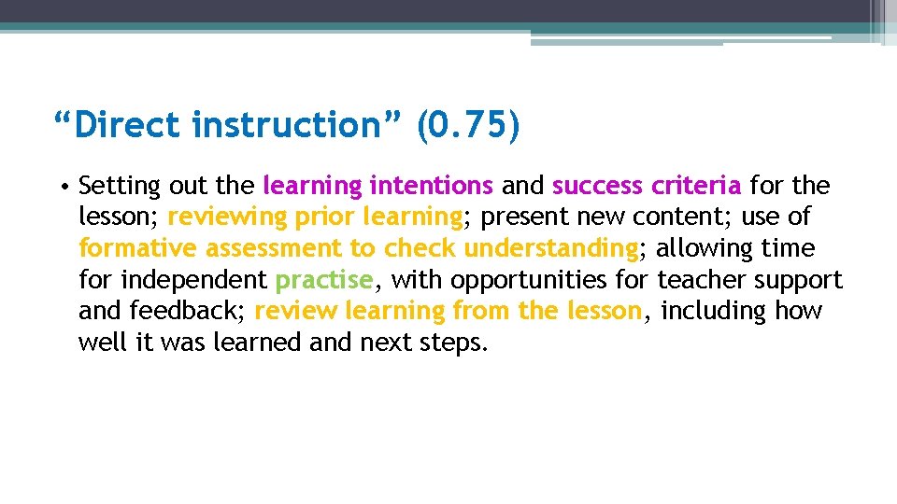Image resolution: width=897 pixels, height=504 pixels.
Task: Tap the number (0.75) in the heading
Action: (x=468, y=125)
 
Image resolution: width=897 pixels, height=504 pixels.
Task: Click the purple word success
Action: (x=595, y=185)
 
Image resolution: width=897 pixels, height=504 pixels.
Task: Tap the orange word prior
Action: (x=324, y=217)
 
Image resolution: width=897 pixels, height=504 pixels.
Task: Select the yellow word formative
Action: (x=138, y=248)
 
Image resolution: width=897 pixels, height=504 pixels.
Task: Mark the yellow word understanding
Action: (x=550, y=248)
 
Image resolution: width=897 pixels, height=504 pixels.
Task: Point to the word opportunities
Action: (x=524, y=280)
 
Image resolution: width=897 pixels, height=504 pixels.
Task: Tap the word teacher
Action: (x=701, y=280)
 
